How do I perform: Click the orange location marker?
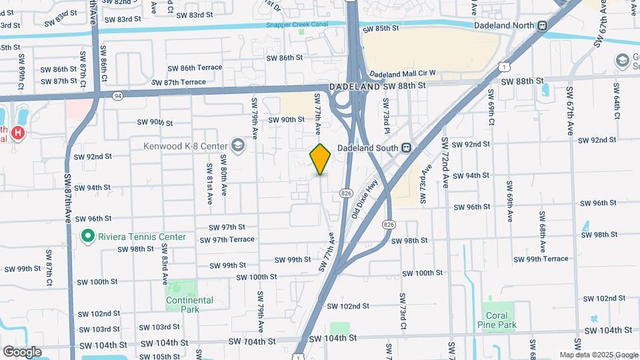pos(321,159)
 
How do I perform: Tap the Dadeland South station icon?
pos(404,147)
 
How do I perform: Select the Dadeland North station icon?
pos(543,26)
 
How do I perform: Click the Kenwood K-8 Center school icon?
pos(237,145)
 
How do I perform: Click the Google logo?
pos(22,351)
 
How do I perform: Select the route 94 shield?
pos(118,95)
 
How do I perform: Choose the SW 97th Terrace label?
pos(227,239)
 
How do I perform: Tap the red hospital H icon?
pos(19,132)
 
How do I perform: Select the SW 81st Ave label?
pos(209,178)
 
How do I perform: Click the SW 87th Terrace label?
pos(179,82)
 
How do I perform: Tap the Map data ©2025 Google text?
pos(598,355)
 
